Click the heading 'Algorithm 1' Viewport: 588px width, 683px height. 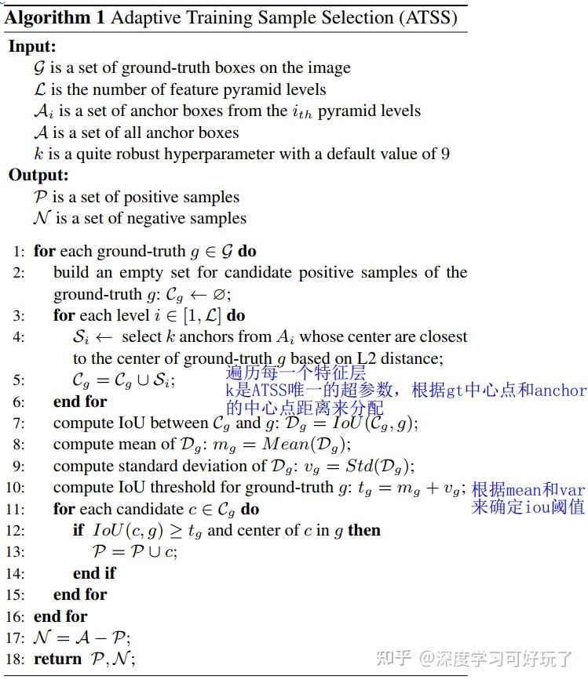point(54,16)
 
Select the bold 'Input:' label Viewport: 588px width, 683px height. point(32,47)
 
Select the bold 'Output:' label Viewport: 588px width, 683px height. point(38,176)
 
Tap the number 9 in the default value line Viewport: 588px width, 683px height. point(445,154)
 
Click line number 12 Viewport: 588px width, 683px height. point(17,531)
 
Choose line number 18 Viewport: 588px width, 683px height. point(17,659)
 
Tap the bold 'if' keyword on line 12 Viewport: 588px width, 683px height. point(78,531)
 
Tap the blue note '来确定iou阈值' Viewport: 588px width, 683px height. point(528,507)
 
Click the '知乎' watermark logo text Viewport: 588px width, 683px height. point(393,658)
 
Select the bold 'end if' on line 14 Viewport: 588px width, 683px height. point(94,574)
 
